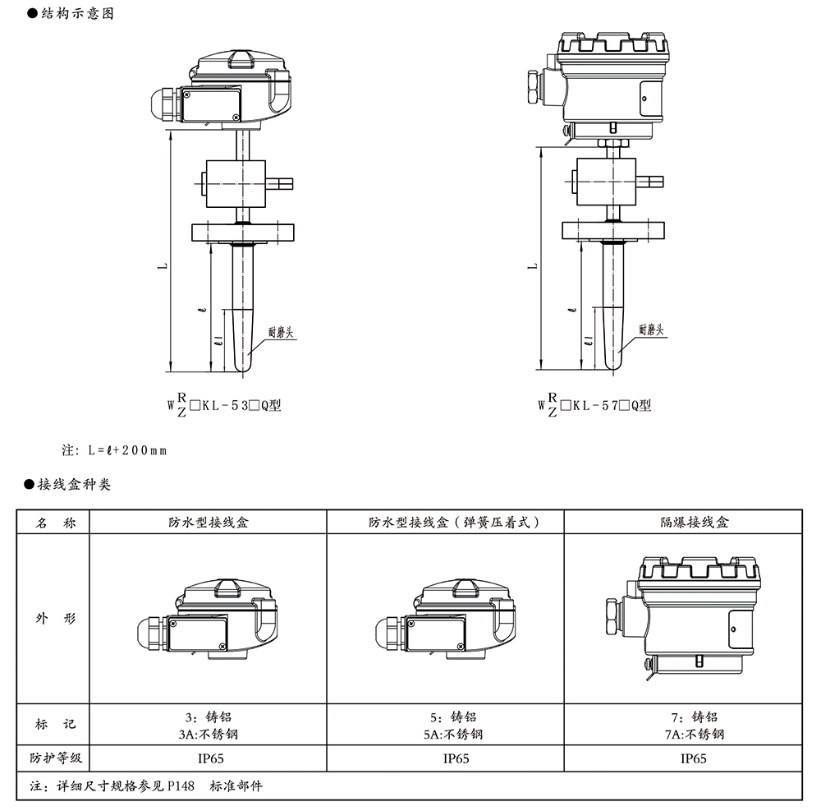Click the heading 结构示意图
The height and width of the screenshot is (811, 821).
[x=76, y=15]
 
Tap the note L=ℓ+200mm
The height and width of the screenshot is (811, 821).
[x=114, y=451]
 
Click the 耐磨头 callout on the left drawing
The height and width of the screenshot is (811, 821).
[x=282, y=330]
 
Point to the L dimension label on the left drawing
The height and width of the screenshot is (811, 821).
[x=163, y=265]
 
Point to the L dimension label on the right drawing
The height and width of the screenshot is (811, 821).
[x=533, y=265]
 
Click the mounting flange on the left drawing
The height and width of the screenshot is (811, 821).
[x=244, y=232]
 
